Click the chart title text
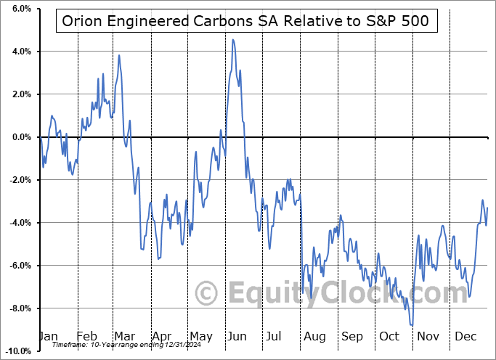coord(245,21)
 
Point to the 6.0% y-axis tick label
coord(20,9)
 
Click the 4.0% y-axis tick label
coord(20,52)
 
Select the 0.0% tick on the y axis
coord(20,137)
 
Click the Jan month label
coord(47,337)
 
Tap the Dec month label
coord(465,337)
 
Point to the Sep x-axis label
coord(352,337)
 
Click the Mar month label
coord(125,337)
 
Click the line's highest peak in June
coord(232,40)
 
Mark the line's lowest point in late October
coord(412,325)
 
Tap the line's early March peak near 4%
coord(119,55)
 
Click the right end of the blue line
coord(487,208)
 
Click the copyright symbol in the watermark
coord(208,294)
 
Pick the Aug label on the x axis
coord(314,337)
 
